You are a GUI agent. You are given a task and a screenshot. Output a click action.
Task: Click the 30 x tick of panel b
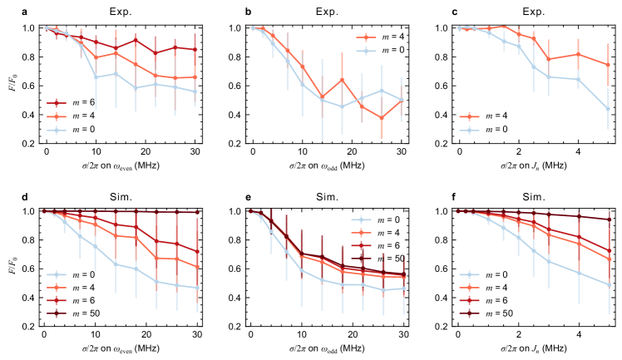400,154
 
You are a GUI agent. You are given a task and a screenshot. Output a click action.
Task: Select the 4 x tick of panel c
579,154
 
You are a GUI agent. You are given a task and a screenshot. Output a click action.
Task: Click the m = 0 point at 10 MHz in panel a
96,77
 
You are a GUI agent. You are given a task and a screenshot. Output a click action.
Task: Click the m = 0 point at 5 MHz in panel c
608,108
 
